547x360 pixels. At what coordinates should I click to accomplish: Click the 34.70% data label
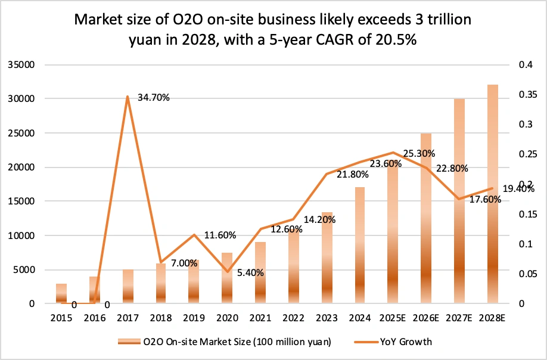154,97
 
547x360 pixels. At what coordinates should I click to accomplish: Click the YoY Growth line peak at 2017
128,96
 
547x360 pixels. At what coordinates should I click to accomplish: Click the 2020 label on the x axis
227,319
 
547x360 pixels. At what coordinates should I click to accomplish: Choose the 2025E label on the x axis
392,319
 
